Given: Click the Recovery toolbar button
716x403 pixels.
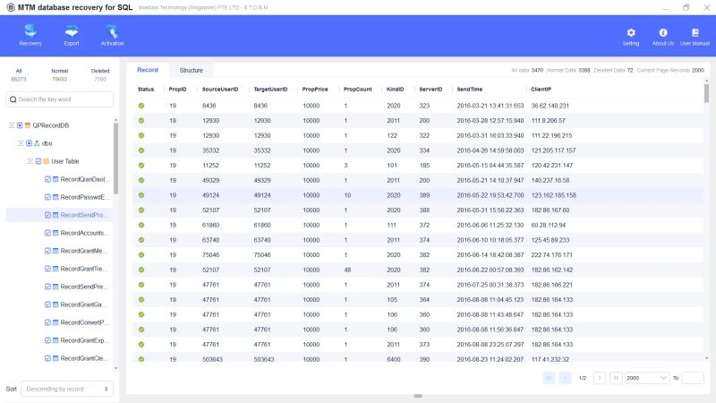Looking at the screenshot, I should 30,35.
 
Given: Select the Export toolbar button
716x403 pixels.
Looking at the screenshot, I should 72,35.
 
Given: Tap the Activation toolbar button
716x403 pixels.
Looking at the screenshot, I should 113,35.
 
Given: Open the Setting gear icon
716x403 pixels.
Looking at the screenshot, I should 631,36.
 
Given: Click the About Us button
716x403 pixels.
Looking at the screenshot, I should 663,36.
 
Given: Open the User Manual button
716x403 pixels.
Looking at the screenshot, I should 695,36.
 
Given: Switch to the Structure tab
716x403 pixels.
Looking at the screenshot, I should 191,70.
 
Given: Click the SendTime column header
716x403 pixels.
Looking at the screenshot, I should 469,90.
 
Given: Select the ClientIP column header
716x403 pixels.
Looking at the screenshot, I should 541,90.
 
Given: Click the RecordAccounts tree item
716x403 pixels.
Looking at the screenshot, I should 85,233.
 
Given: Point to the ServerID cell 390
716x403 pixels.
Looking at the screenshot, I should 424,358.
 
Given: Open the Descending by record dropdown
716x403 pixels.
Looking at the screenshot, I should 67,389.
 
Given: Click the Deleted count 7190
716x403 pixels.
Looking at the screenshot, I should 100,79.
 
